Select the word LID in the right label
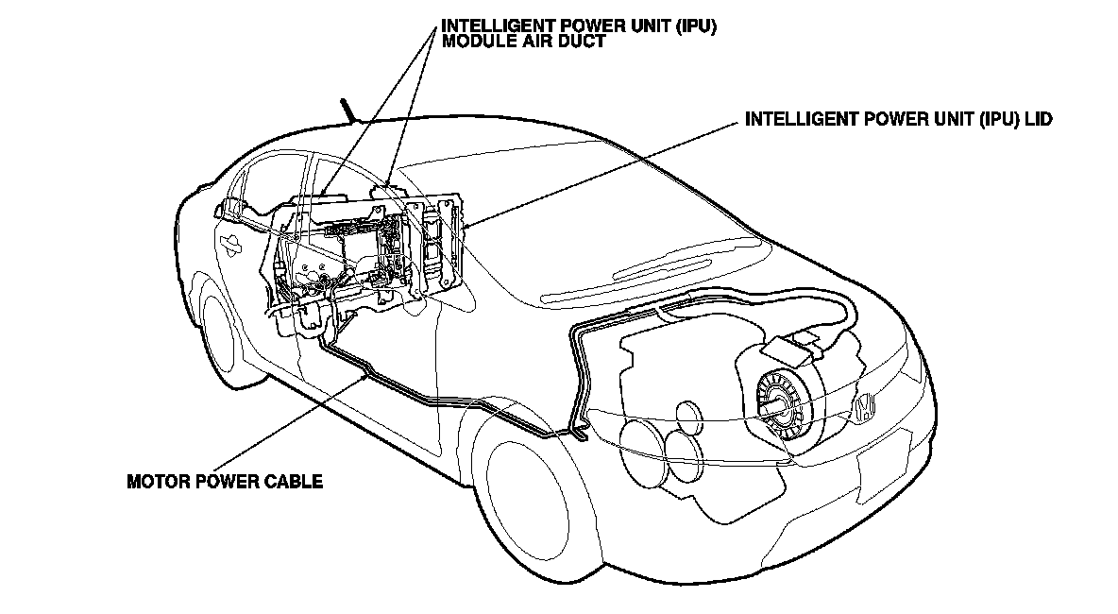coord(1037,120)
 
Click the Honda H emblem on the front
coord(866,406)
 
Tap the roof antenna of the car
coord(349,111)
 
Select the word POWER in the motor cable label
coord(223,482)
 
